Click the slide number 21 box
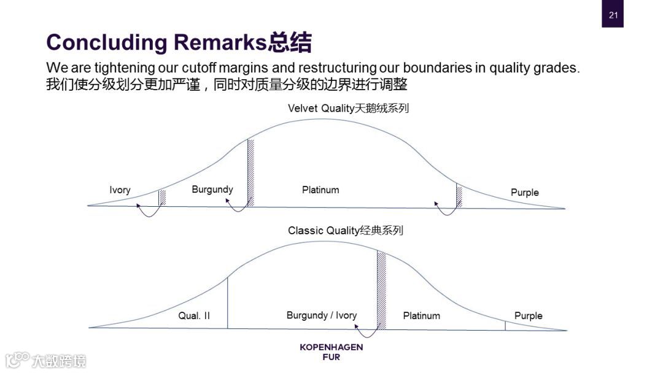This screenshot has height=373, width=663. tap(613, 15)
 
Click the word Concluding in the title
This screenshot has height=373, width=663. tap(106, 42)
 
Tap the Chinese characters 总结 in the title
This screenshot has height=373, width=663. tap(290, 42)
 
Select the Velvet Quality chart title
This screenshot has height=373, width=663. tap(348, 109)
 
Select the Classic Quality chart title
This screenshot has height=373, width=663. tap(346, 231)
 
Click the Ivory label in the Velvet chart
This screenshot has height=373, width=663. tap(120, 190)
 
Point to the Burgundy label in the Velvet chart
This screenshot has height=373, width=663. tap(212, 190)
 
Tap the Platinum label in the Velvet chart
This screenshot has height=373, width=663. tap(320, 190)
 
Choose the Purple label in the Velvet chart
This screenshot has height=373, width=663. tap(525, 193)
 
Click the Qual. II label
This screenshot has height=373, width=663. tap(194, 316)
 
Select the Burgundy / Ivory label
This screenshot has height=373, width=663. tap(321, 315)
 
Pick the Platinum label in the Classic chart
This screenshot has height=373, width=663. tap(421, 316)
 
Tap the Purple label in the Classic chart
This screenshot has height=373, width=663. tap(529, 316)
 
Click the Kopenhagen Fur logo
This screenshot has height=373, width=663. tap(331, 352)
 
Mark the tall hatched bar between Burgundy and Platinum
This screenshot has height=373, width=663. tap(250, 173)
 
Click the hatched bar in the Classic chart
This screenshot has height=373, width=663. tap(381, 290)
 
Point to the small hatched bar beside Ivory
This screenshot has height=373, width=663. tap(162, 198)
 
